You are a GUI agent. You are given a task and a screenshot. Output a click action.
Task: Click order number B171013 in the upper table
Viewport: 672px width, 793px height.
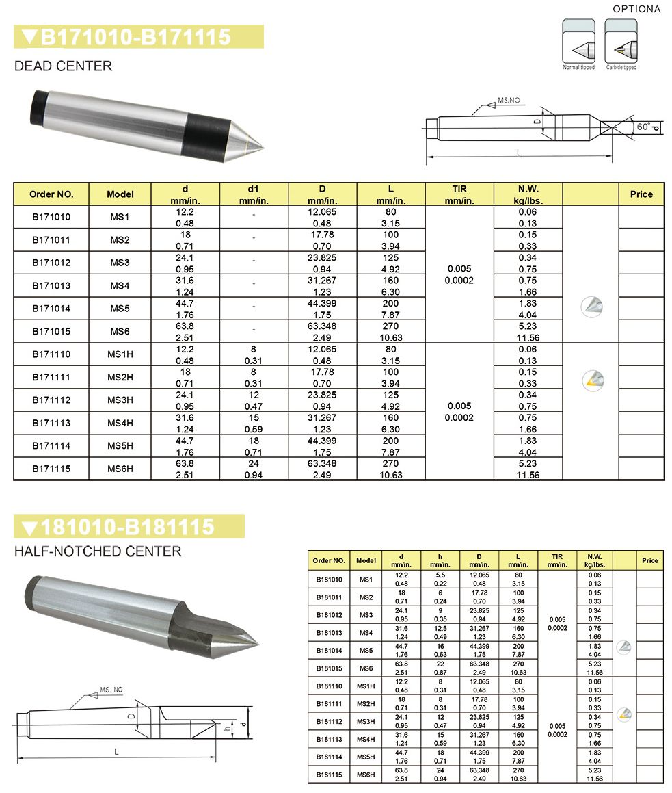click(51, 285)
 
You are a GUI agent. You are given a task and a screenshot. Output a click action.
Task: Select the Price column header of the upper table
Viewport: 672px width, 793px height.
click(641, 194)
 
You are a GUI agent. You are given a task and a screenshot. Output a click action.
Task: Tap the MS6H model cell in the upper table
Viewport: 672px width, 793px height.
click(120, 469)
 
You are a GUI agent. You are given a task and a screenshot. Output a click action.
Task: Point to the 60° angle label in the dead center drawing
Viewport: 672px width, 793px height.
click(643, 127)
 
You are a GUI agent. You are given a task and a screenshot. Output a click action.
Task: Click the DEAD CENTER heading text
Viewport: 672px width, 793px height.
click(64, 66)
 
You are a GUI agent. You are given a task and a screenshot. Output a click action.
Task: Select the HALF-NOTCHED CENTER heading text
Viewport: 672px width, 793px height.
click(98, 551)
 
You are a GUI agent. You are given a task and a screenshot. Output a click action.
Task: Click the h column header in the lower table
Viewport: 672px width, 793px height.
click(440, 560)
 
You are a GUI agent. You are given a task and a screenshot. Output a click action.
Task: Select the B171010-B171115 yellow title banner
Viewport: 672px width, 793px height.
click(138, 37)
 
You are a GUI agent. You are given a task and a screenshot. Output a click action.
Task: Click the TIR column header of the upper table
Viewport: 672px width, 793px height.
click(459, 194)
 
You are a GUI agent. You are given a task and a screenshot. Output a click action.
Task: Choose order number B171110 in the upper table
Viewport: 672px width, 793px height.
click(51, 354)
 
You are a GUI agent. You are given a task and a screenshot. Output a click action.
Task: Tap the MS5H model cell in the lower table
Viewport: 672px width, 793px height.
click(366, 757)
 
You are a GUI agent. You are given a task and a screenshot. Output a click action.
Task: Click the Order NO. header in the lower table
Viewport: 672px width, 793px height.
click(329, 560)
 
